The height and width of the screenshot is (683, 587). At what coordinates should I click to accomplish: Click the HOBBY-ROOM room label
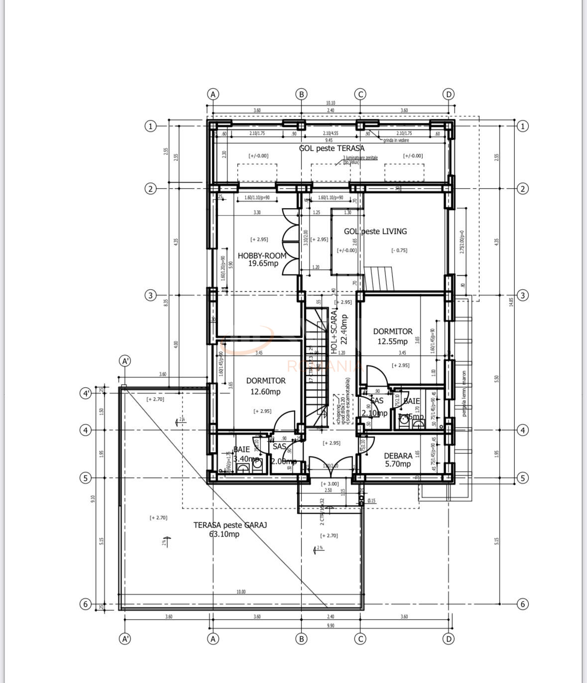pos(262,255)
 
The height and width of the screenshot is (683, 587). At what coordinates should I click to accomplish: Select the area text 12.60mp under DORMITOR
pos(265,392)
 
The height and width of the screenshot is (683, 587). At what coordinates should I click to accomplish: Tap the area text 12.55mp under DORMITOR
pos(392,341)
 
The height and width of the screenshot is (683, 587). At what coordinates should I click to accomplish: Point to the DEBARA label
pos(398,455)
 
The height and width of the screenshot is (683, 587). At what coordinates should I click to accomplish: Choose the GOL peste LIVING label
pos(375,231)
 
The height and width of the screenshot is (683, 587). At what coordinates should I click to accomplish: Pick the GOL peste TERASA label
pos(332,148)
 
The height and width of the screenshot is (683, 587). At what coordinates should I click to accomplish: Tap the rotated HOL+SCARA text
pos(334,331)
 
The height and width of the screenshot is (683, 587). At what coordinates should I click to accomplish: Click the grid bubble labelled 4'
pos(86,394)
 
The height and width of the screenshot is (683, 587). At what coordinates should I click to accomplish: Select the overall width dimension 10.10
pos(331,103)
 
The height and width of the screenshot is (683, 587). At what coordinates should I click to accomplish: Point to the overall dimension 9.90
pos(331,625)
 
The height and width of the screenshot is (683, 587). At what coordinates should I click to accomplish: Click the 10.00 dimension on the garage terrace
pos(241,592)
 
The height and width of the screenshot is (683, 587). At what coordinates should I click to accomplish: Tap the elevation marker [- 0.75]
pos(399,250)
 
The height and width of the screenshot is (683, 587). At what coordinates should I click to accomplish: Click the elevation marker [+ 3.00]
pos(330,483)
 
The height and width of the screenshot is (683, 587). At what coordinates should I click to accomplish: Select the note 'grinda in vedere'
pos(396,140)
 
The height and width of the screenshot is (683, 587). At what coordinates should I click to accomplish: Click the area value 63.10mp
pos(224,534)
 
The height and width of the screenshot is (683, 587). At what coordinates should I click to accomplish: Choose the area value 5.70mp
pos(398,464)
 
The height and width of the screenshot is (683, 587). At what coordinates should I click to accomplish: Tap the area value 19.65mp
pos(263,263)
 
